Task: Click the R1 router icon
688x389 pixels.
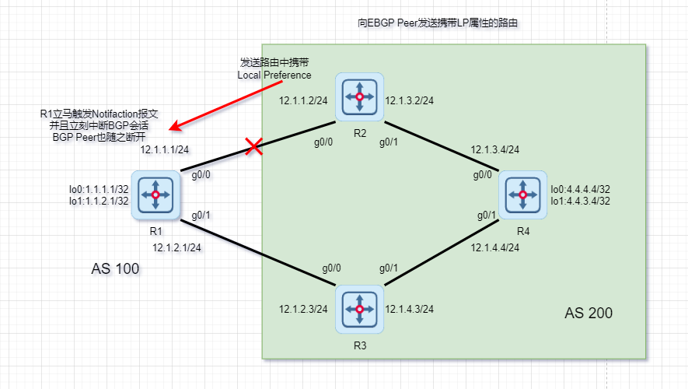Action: (x=156, y=194)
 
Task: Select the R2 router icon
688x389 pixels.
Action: (x=360, y=97)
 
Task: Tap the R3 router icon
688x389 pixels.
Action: (x=360, y=309)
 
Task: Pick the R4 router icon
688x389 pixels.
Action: (x=522, y=194)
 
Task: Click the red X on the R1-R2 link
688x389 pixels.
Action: (x=253, y=146)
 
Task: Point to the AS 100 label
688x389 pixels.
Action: (x=115, y=269)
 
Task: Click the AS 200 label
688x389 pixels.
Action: (x=588, y=314)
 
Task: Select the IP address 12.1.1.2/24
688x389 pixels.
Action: (x=306, y=100)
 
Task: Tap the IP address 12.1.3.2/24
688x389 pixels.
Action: (x=410, y=100)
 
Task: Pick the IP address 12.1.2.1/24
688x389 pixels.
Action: (x=177, y=247)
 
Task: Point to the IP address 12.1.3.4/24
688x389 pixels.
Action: (x=494, y=149)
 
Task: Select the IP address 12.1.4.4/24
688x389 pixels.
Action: (x=494, y=247)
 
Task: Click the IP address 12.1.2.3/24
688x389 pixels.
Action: (x=304, y=310)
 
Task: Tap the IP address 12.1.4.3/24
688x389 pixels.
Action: (x=410, y=310)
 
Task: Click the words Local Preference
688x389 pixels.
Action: (x=274, y=75)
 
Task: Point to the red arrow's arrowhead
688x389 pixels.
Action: (x=174, y=127)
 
